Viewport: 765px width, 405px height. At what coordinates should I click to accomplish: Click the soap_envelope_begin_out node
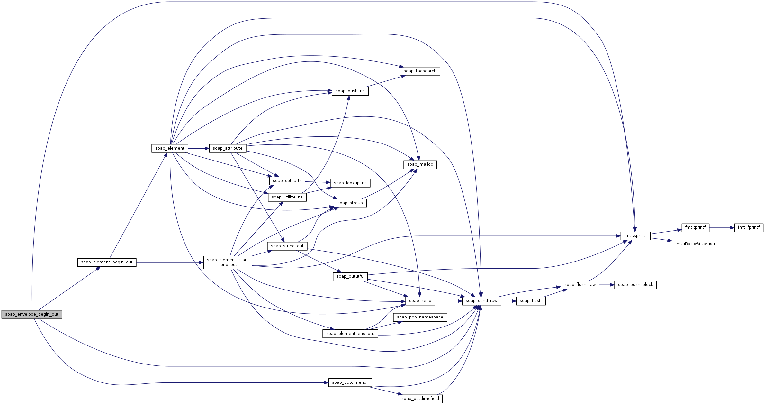tap(32, 314)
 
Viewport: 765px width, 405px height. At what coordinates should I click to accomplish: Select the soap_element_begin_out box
tap(107, 262)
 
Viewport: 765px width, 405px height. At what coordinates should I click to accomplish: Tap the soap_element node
tap(170, 148)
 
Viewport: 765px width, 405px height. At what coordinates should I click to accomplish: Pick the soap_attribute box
tap(228, 148)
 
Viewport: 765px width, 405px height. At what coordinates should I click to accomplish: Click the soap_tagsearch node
tap(420, 71)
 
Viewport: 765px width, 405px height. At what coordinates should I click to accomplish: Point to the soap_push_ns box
tap(350, 91)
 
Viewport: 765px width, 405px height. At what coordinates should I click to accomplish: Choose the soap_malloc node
tap(420, 164)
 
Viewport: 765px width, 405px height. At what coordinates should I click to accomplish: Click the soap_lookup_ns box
tap(350, 183)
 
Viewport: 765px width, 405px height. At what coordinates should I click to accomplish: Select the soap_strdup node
tap(350, 203)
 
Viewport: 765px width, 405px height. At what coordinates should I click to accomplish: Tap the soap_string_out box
tap(287, 246)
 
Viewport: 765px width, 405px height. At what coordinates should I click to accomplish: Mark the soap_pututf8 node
tap(350, 276)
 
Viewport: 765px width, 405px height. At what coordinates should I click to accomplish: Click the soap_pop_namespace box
tap(420, 317)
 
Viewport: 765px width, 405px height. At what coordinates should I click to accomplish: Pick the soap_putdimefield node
tap(420, 399)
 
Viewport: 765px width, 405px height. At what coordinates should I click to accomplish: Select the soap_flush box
tap(531, 301)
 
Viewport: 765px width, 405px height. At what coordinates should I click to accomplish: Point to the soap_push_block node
tap(635, 285)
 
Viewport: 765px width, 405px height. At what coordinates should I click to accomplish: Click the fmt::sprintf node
tap(635, 236)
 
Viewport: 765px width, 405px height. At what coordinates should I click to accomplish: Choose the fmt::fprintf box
tap(748, 227)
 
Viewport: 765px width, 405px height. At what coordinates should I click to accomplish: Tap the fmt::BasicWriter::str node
tap(695, 244)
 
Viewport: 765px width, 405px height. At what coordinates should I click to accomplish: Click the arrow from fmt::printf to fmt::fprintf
tap(722, 228)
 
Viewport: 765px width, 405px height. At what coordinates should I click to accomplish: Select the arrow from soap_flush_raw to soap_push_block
tap(607, 285)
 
